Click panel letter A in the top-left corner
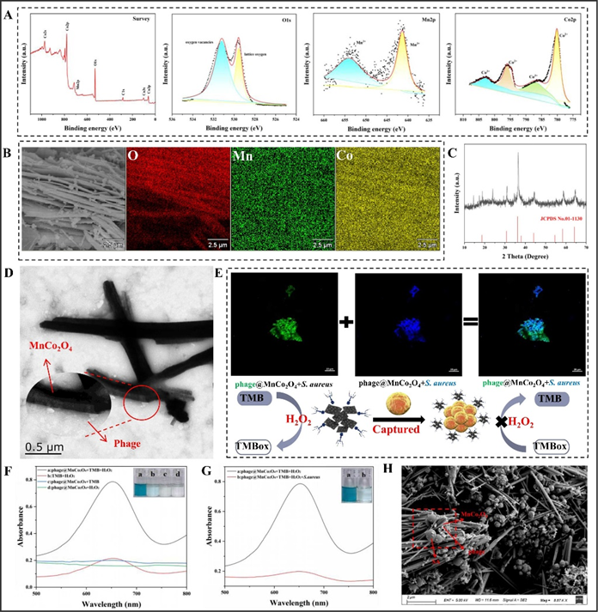(x=10, y=10)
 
